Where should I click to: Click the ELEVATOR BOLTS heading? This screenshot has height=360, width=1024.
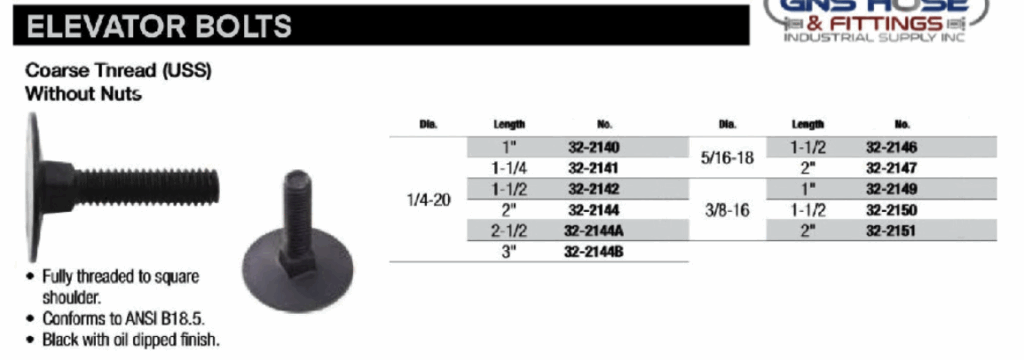point(159,25)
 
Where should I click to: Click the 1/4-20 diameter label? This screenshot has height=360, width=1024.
point(428,200)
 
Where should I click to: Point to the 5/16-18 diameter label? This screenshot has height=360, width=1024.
point(726,159)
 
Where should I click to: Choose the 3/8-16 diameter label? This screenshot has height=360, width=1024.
point(727,210)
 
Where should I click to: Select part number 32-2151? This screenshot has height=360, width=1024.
point(891,231)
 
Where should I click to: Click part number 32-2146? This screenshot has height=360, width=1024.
point(891,147)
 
